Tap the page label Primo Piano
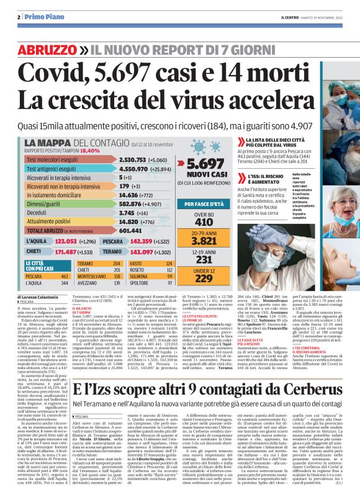[x=41, y=16]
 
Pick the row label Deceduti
[x=38, y=212]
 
